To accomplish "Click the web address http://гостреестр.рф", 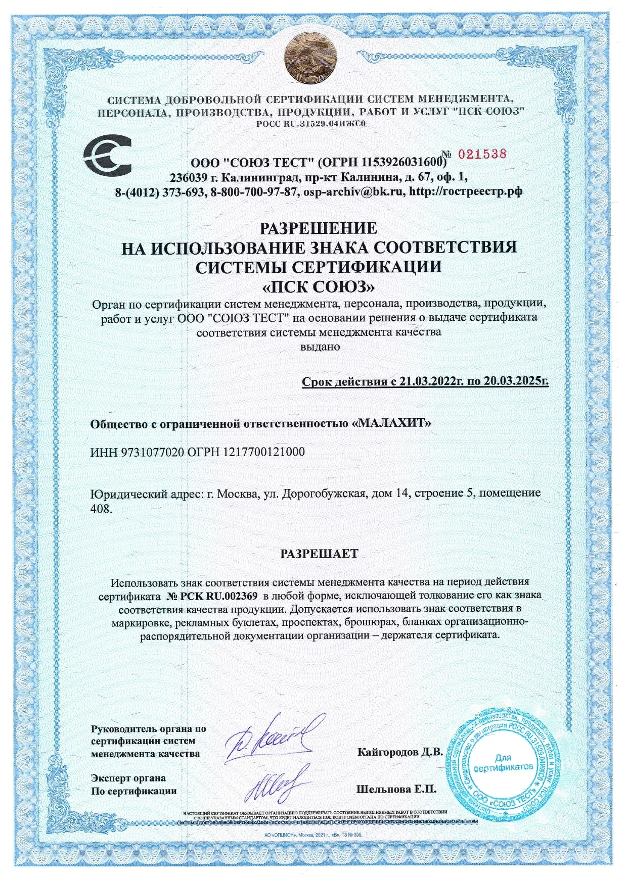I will point(465,192).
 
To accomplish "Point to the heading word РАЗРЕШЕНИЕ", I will point(319,228).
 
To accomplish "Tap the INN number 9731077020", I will point(151,452).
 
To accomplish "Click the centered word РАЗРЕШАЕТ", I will point(319,553).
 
